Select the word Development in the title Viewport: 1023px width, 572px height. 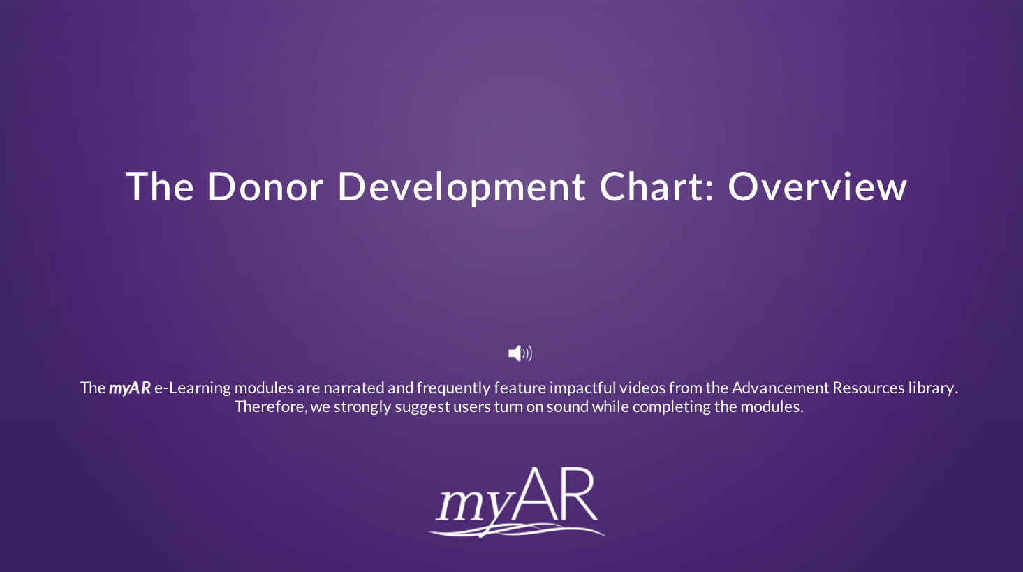click(461, 187)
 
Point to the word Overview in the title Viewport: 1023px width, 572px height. click(817, 187)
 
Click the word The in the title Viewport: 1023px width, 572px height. click(159, 187)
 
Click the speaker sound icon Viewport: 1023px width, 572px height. click(520, 353)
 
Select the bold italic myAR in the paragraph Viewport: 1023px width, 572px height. click(130, 388)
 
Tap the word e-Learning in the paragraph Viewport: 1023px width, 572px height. click(192, 388)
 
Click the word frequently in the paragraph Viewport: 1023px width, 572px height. click(453, 388)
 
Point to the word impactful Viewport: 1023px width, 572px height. click(582, 388)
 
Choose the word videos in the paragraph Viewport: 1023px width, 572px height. click(642, 388)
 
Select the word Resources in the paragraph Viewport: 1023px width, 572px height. click(869, 388)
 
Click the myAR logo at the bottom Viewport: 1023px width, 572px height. click(517, 502)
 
